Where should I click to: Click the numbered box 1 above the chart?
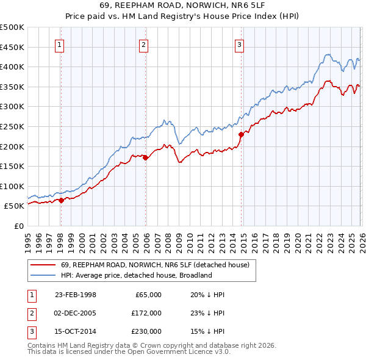(x=60, y=44)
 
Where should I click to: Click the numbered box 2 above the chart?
(x=143, y=44)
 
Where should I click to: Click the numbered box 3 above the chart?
(x=240, y=44)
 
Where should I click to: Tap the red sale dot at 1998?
(x=61, y=200)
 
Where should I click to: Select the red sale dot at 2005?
(x=146, y=157)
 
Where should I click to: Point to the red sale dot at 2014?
(x=241, y=134)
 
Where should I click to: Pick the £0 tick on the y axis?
(x=18, y=226)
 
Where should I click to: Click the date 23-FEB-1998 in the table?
(x=75, y=295)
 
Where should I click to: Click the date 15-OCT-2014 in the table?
(x=75, y=331)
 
